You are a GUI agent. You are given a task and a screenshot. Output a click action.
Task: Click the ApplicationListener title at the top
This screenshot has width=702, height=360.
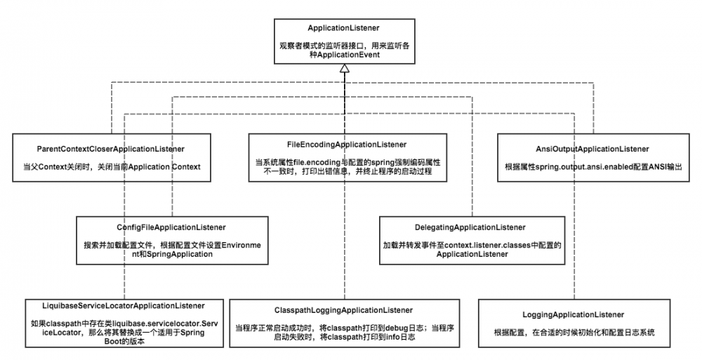[x=344, y=28]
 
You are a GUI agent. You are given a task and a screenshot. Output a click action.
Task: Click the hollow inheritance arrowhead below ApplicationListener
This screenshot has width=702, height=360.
[x=344, y=69]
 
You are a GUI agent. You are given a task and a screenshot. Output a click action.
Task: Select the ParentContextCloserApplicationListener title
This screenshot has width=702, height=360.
[x=111, y=149]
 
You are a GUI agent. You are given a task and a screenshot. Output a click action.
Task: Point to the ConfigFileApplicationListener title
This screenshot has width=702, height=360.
[x=171, y=227]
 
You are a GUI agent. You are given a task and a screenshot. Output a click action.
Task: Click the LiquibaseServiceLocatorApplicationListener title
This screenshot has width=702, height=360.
[x=113, y=306]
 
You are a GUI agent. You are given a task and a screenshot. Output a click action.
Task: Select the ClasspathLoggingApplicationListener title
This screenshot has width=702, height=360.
[x=343, y=309]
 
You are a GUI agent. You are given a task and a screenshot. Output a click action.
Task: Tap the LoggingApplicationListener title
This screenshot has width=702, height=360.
[x=574, y=315]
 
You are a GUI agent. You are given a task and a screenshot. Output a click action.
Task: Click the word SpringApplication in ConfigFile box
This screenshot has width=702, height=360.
[x=180, y=255]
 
